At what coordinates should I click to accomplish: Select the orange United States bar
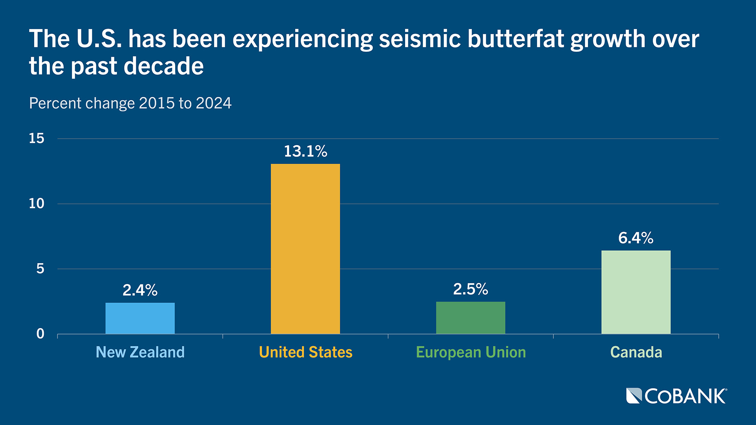tap(305, 249)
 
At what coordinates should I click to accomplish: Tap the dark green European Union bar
tap(471, 318)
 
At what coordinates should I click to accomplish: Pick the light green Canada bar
tap(636, 292)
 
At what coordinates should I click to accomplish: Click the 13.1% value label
tap(305, 152)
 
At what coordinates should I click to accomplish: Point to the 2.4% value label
tap(140, 290)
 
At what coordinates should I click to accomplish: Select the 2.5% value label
tap(471, 289)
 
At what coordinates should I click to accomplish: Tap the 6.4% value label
tap(636, 238)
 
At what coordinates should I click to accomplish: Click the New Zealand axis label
tap(140, 352)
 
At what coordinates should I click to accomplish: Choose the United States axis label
tap(306, 352)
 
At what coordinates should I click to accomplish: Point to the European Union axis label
tap(471, 352)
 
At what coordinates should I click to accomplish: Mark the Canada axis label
tap(636, 352)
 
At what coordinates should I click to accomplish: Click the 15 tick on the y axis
tap(37, 139)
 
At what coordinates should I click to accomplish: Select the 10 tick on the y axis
tap(37, 204)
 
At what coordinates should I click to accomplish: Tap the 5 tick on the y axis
tap(40, 269)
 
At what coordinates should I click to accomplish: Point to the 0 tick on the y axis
tap(40, 334)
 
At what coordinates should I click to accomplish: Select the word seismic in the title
tap(420, 39)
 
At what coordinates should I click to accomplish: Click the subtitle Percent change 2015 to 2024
tap(130, 103)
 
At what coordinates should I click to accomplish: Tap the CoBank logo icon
tap(634, 396)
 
